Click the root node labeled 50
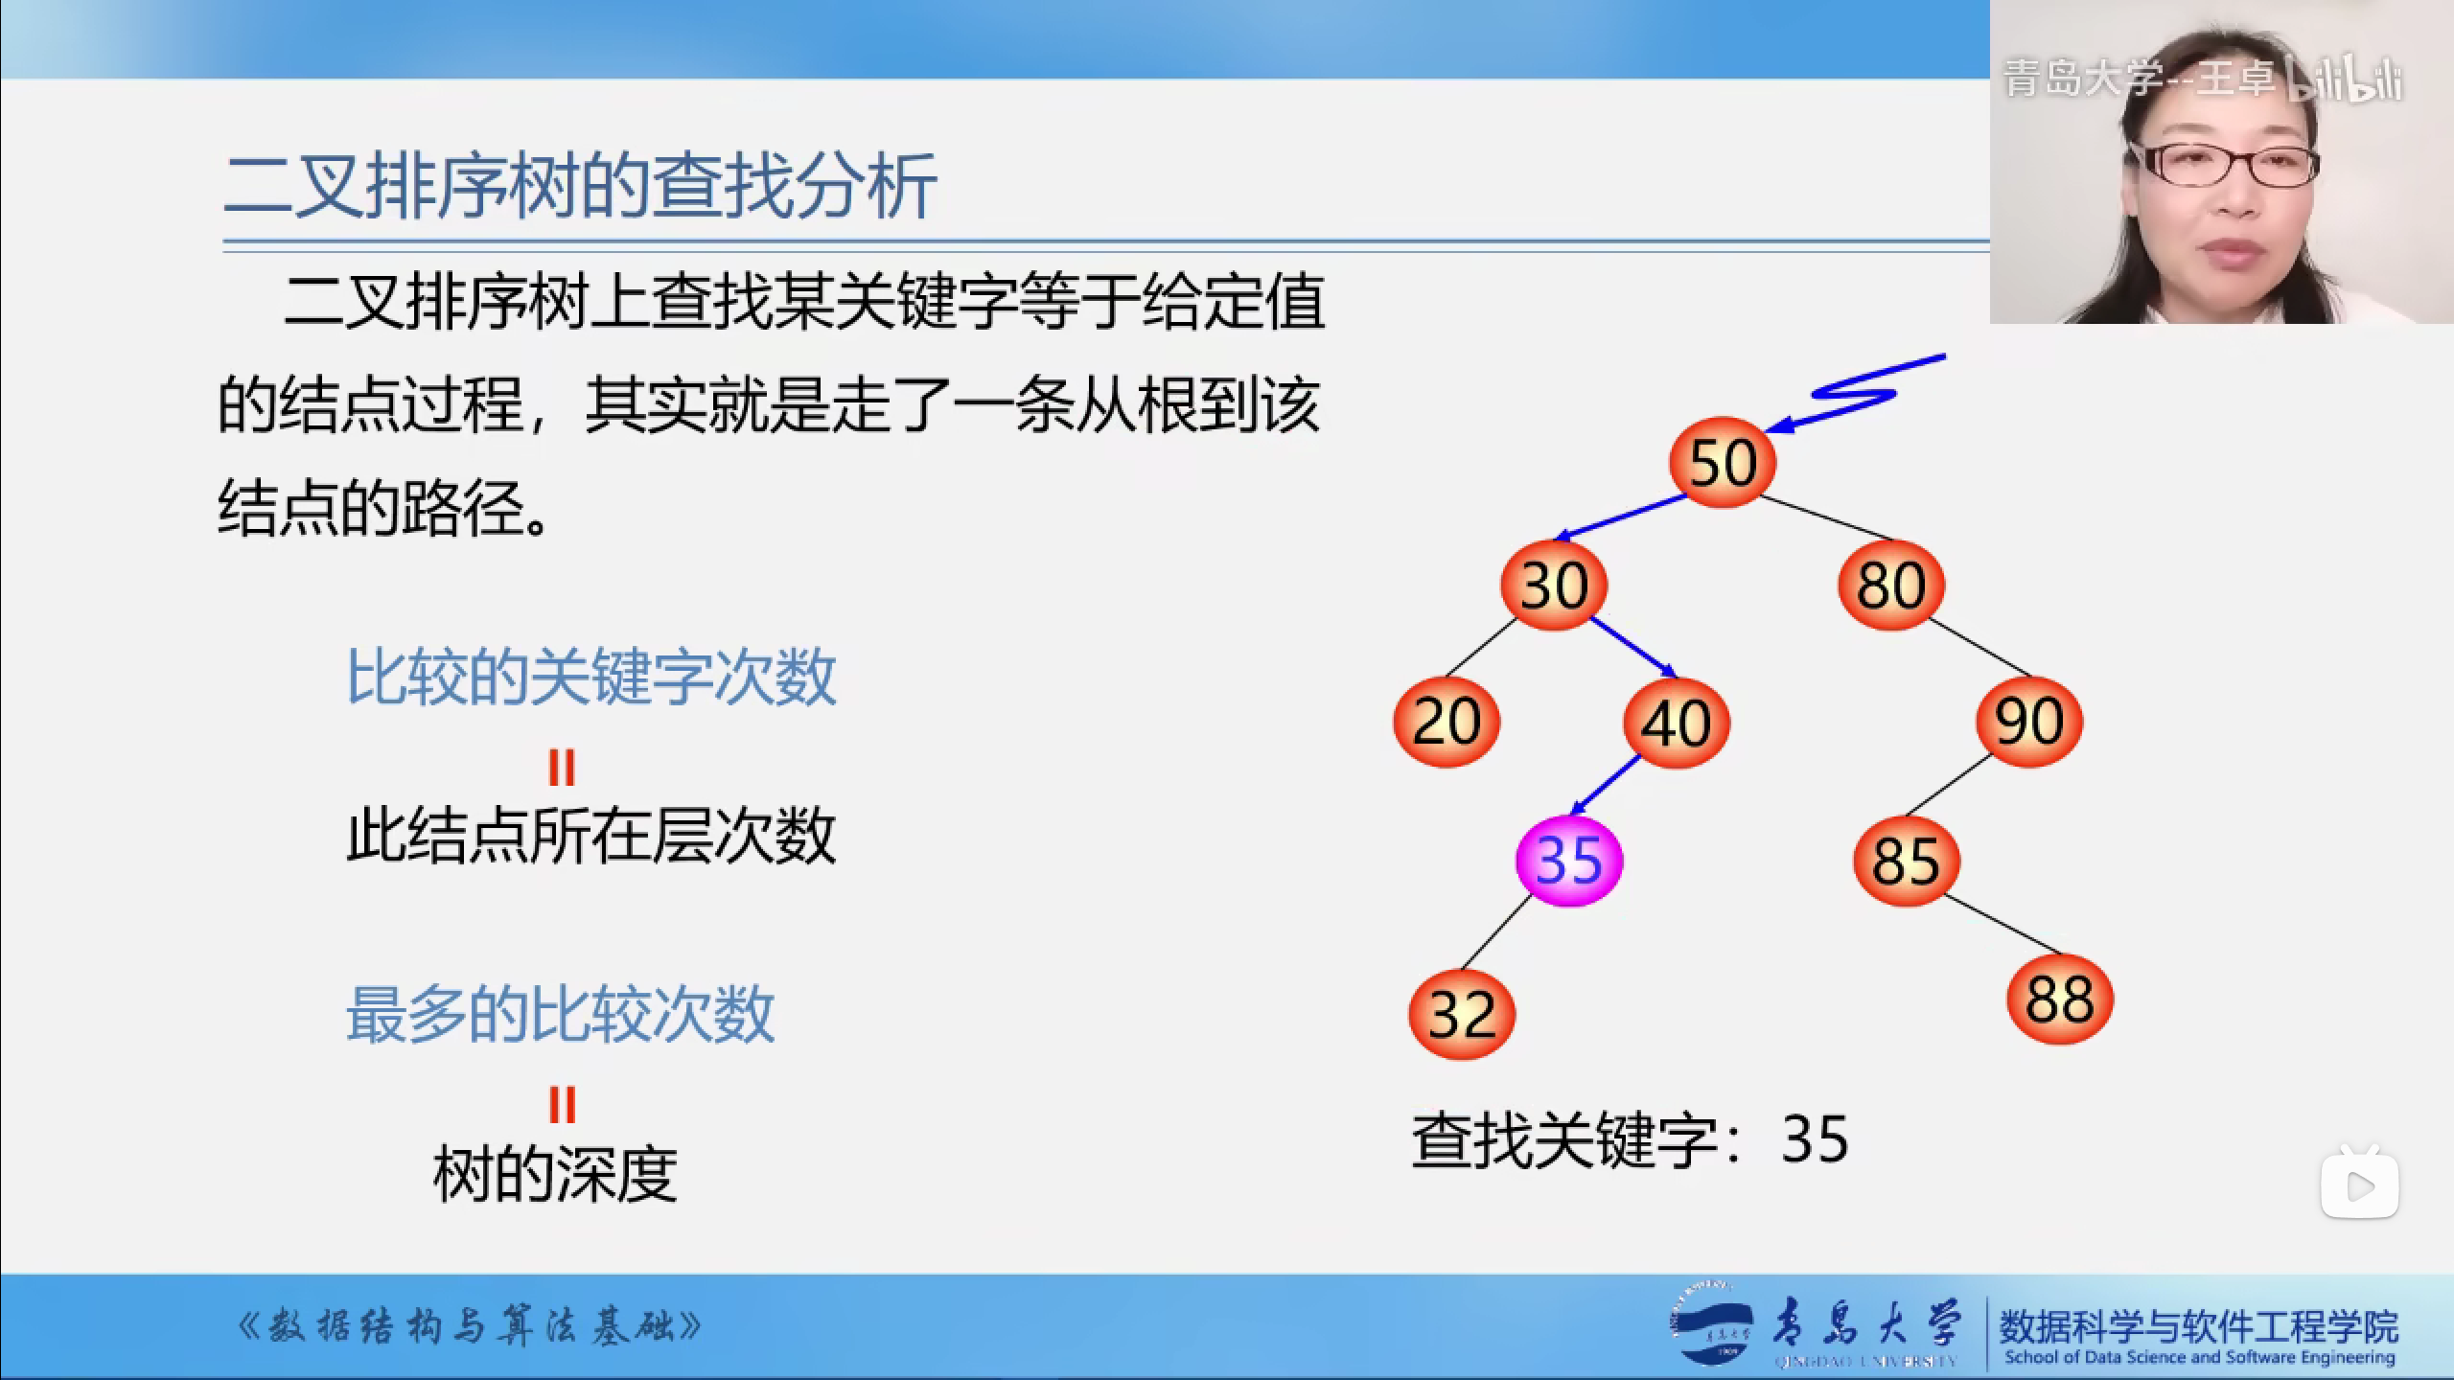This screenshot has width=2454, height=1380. (x=1723, y=463)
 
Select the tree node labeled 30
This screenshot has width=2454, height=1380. (x=1554, y=585)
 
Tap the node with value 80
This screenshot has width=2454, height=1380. (x=1891, y=585)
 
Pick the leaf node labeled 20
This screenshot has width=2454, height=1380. (x=1447, y=721)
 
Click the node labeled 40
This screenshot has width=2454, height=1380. (x=1677, y=721)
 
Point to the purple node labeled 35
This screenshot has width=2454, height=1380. (x=1569, y=860)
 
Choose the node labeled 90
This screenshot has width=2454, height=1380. (x=2029, y=721)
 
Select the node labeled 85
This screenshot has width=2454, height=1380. (x=1907, y=860)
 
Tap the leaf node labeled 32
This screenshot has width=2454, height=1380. (x=1462, y=1013)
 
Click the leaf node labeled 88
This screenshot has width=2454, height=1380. (x=2060, y=1000)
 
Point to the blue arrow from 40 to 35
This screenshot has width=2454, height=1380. (x=1605, y=785)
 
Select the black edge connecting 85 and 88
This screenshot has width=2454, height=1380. (x=2003, y=926)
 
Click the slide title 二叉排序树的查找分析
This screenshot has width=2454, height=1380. (x=580, y=187)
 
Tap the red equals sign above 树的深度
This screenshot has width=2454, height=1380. (x=562, y=1105)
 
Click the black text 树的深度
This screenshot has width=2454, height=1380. (x=556, y=1175)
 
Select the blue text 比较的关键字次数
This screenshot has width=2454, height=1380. (x=591, y=678)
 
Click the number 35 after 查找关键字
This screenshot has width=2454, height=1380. (x=1815, y=1139)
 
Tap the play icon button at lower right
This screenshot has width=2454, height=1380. (x=2359, y=1185)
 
